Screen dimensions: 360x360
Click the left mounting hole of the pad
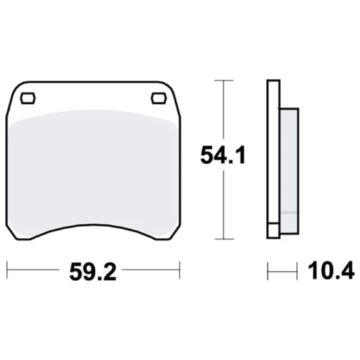click(x=28, y=98)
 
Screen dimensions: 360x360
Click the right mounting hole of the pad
click(x=159, y=98)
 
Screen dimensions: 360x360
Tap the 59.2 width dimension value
click(x=93, y=271)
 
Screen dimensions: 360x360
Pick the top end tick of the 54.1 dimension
click(x=222, y=81)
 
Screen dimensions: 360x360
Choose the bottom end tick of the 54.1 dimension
click(x=222, y=237)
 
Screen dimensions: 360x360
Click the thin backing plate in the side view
click(x=272, y=159)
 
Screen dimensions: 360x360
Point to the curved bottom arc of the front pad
click(x=93, y=226)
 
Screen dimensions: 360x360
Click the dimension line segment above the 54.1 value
click(x=222, y=111)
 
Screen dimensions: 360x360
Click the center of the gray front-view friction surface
click(x=93, y=170)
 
